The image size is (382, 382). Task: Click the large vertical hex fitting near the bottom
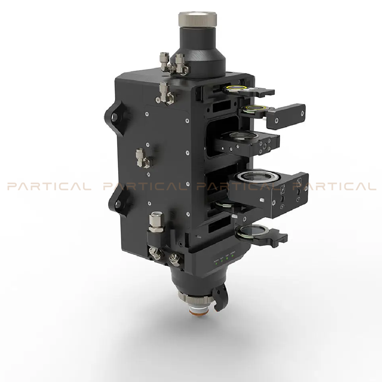click(156, 222)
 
